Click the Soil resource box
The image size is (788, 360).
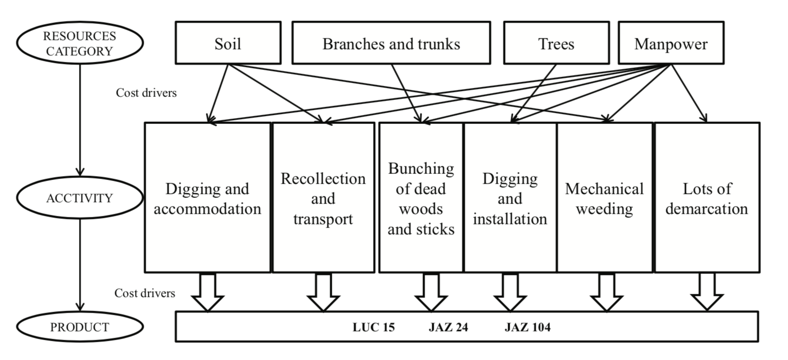(228, 43)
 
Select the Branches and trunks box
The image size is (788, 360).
(391, 43)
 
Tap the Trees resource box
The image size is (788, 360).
(556, 43)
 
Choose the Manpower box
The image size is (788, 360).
(671, 43)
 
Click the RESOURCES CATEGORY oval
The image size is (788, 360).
(80, 44)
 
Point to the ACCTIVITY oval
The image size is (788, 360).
(80, 198)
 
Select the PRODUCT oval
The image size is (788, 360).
(80, 327)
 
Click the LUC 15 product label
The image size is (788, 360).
(374, 327)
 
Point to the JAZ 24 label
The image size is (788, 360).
(448, 327)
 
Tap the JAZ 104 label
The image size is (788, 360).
(528, 327)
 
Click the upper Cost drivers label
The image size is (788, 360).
(146, 93)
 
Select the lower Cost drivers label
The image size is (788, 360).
(145, 293)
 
